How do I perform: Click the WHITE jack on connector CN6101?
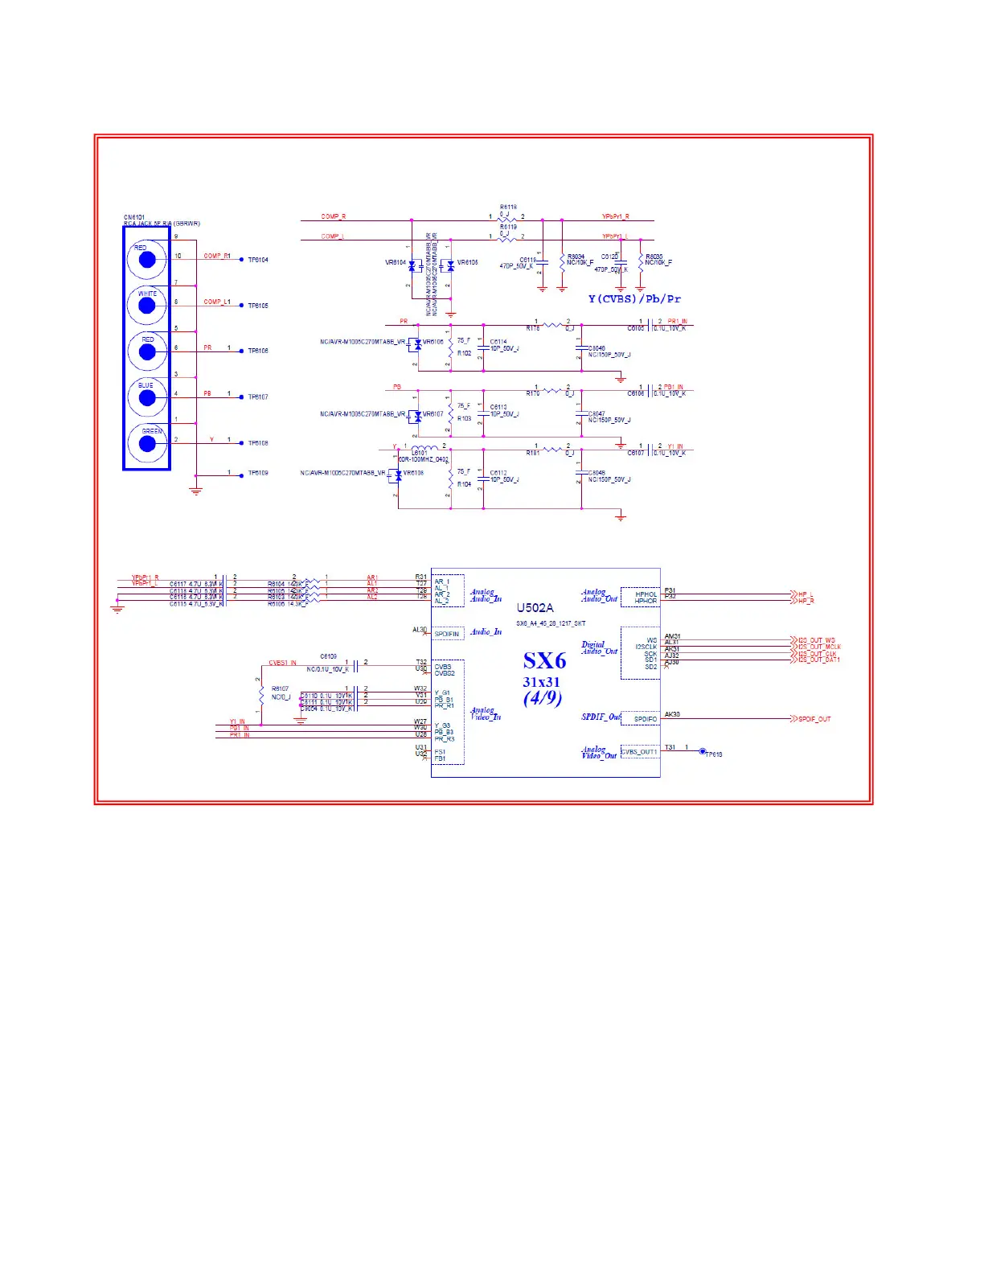point(146,305)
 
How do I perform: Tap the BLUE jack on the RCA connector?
point(146,397)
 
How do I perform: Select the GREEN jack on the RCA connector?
point(146,442)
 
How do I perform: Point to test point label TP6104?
point(258,261)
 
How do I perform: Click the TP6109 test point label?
point(258,473)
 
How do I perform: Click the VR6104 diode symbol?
point(412,265)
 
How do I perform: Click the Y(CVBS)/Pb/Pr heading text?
point(634,299)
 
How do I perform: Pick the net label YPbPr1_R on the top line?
point(616,216)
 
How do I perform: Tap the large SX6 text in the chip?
point(544,661)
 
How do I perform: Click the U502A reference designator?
point(535,608)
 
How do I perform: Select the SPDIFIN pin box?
point(448,634)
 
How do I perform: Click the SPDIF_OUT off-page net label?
point(814,719)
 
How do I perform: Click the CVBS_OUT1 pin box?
point(640,752)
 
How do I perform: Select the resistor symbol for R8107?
point(260,692)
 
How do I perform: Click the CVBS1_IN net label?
point(282,664)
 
